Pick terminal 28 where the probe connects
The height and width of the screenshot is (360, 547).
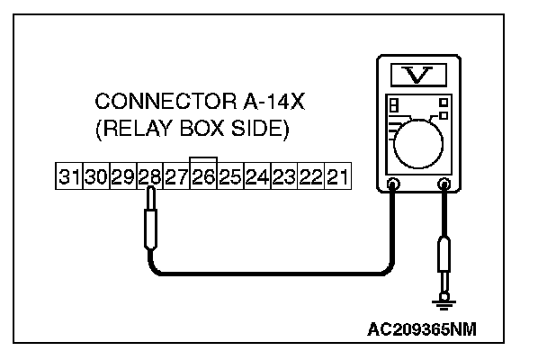click(x=149, y=176)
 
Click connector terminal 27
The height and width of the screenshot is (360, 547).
click(x=176, y=176)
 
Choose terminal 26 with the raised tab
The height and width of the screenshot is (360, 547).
click(x=203, y=176)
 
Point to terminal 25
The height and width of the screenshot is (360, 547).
click(x=230, y=176)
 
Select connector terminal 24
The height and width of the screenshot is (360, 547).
click(x=257, y=176)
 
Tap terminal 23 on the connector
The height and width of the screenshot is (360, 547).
click(x=284, y=176)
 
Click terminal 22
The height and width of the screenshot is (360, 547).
click(x=310, y=176)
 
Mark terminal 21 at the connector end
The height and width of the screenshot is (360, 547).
click(x=336, y=176)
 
